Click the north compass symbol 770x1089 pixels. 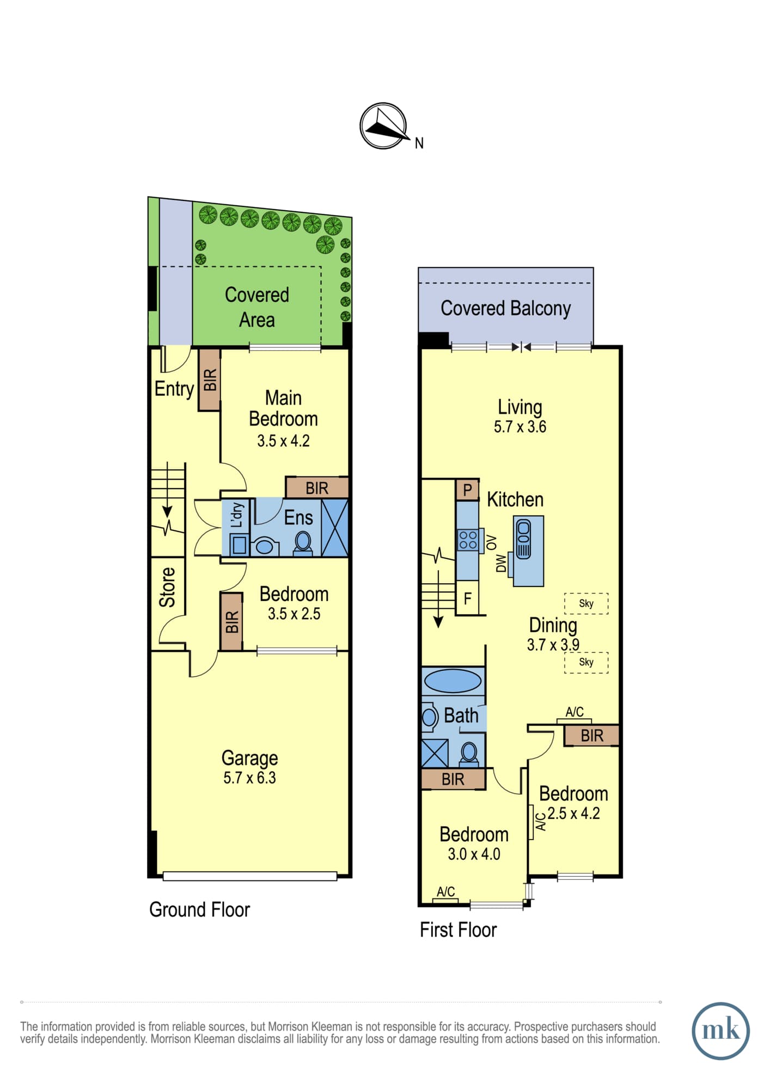point(384,126)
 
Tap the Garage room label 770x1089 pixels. point(249,758)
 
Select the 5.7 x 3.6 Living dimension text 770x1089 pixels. point(520,427)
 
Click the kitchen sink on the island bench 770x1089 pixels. point(523,540)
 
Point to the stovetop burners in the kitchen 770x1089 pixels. point(468,540)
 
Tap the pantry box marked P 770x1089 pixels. point(467,490)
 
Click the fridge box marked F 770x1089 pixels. point(467,598)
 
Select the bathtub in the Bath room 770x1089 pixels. point(453,681)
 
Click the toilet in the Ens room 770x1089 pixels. point(303,543)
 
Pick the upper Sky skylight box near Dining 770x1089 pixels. point(586,603)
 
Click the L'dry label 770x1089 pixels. point(236,515)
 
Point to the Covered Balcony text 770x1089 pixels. point(505,308)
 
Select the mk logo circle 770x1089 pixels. point(720,1031)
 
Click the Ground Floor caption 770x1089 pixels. point(199,909)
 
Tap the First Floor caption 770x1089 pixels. point(458,929)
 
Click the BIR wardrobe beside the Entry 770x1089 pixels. point(209,380)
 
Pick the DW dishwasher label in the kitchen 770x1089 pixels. point(501,563)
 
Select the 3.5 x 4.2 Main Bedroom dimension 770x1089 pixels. point(283,441)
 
